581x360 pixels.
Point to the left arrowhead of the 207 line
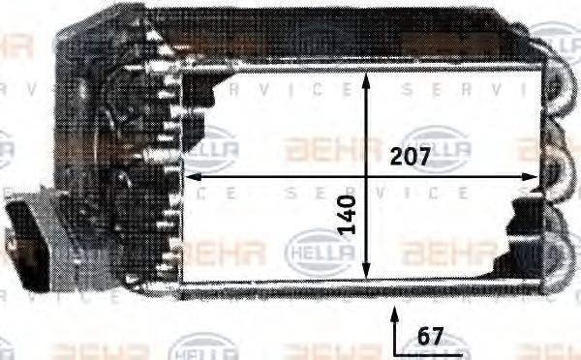[191, 177]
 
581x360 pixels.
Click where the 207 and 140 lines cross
[365, 177]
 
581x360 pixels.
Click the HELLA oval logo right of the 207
[436, 145]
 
